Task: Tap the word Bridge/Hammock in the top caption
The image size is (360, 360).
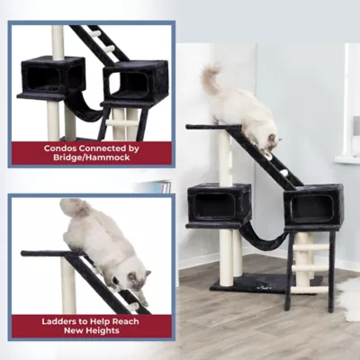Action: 92,157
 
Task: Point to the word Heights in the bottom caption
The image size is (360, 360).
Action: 104,331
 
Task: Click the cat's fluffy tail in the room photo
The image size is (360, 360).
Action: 211,78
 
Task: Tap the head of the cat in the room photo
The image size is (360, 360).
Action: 272,142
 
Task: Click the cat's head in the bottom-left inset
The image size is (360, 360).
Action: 136,281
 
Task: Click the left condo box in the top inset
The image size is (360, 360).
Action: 51,77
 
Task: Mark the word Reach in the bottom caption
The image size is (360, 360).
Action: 126,321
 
